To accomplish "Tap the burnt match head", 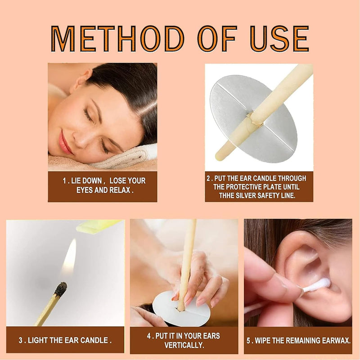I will click(60, 289).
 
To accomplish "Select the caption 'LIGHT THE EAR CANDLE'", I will click(65, 340).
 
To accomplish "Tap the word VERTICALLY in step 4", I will click(184, 345).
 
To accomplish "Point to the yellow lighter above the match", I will click(97, 225).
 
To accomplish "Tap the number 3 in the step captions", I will click(20, 340).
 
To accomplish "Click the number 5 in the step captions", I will click(248, 340).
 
